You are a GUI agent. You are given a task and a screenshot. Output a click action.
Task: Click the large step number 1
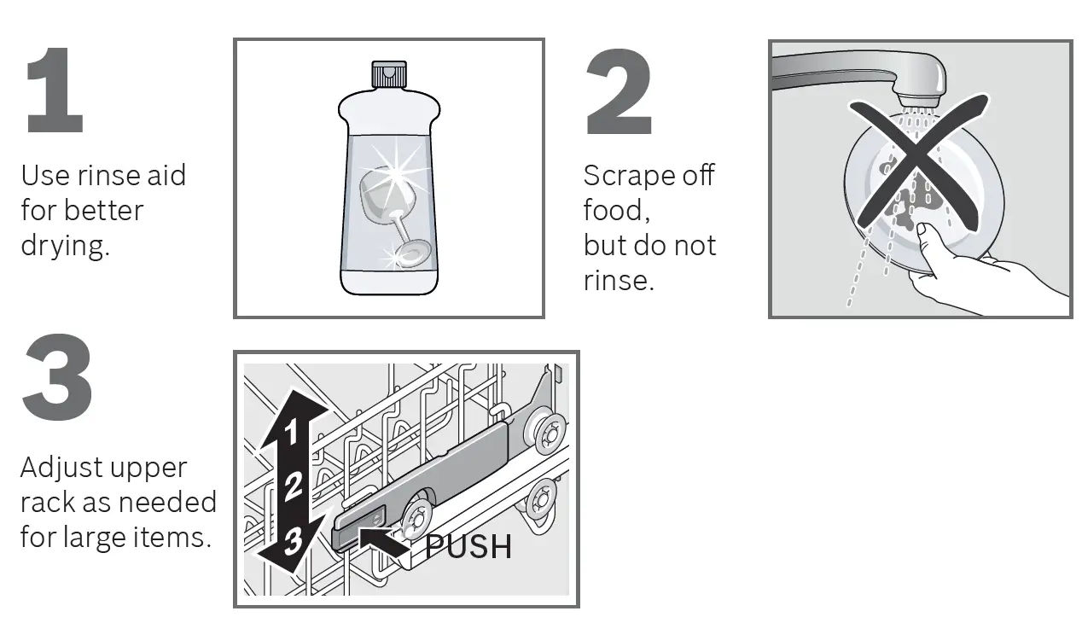[55, 92]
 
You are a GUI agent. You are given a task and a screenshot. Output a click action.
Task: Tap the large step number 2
[619, 92]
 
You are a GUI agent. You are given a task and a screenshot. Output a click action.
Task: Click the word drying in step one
[65, 247]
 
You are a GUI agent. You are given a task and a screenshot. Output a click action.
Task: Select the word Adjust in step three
[61, 468]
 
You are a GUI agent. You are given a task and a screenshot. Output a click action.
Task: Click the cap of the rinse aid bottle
[388, 75]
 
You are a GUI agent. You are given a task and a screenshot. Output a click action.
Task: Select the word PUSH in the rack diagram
[468, 546]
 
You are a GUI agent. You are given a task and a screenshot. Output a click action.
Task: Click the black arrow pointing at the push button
[383, 541]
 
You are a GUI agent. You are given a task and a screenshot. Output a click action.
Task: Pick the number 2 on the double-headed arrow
[293, 486]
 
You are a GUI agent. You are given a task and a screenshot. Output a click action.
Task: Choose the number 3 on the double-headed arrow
[292, 540]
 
